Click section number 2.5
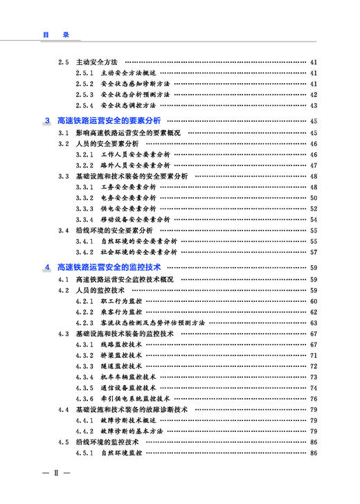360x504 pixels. [x=64, y=62]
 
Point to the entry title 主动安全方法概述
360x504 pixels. [x=128, y=73]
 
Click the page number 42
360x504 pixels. [x=314, y=95]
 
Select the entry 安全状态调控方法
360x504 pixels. [x=128, y=106]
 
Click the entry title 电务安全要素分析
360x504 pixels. [x=128, y=198]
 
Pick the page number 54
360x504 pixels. [x=314, y=219]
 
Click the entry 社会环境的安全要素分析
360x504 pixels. [x=138, y=252]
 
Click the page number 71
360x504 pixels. [x=314, y=355]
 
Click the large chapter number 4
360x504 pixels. [x=47, y=267]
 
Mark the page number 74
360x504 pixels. [x=314, y=388]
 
